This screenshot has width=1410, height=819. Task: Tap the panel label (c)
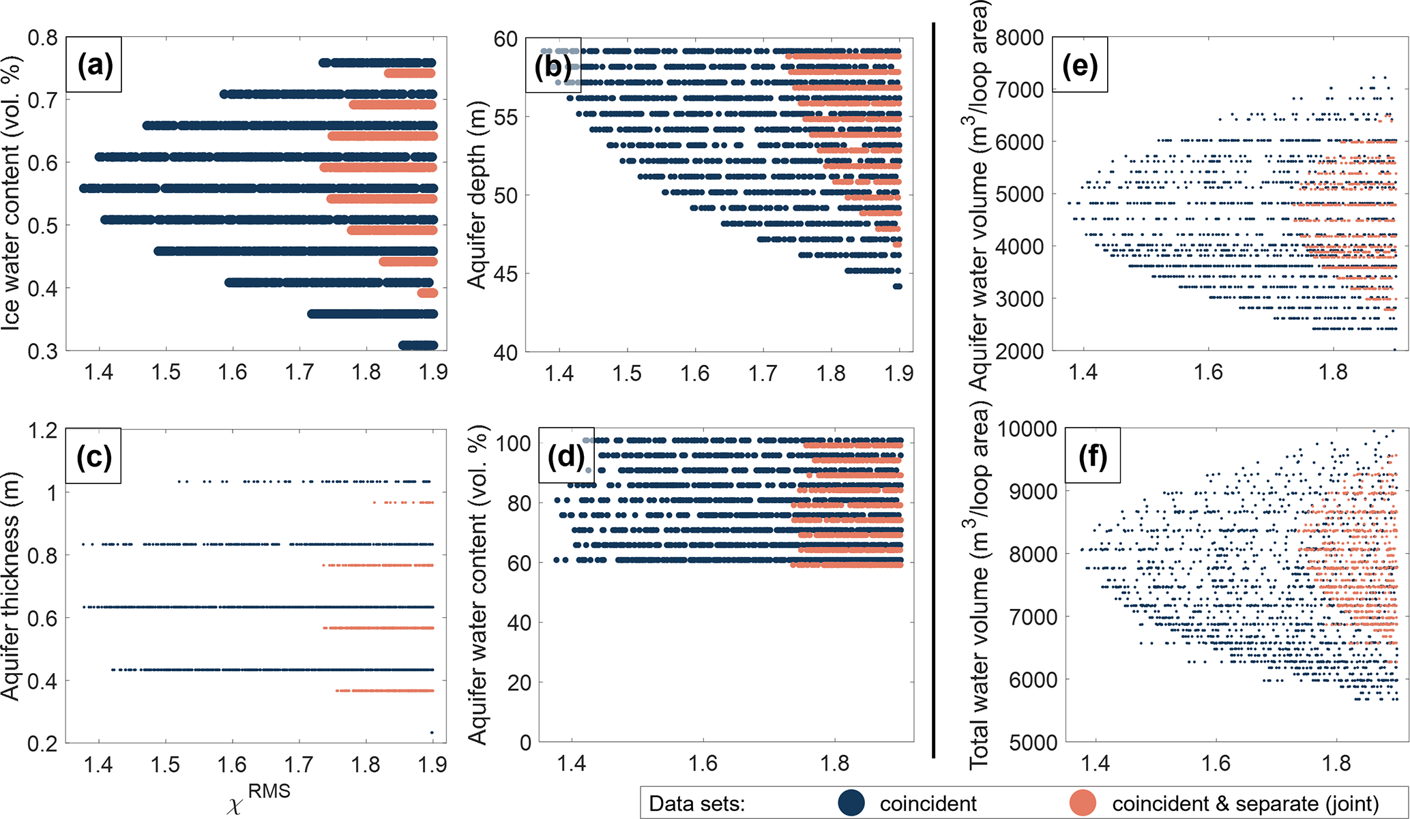pyautogui.click(x=94, y=456)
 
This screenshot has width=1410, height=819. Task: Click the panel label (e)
pyautogui.click(x=1080, y=65)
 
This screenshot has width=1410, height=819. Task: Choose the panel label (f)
pyautogui.click(x=1092, y=456)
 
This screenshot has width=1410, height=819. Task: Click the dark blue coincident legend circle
pyautogui.click(x=851, y=803)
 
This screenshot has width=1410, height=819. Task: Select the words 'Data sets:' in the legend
pyautogui.click(x=696, y=803)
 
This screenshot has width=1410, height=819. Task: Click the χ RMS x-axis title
pyautogui.click(x=259, y=799)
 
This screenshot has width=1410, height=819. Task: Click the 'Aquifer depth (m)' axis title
pyautogui.click(x=478, y=196)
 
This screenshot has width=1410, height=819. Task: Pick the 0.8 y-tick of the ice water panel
pyautogui.click(x=43, y=38)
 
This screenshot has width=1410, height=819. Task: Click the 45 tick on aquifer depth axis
pyautogui.click(x=506, y=274)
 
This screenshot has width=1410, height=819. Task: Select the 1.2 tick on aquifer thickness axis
pyautogui.click(x=43, y=430)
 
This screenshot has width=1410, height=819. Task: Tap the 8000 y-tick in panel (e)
pyautogui.click(x=1019, y=38)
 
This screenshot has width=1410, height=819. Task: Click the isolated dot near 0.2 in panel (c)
pyautogui.click(x=432, y=732)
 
